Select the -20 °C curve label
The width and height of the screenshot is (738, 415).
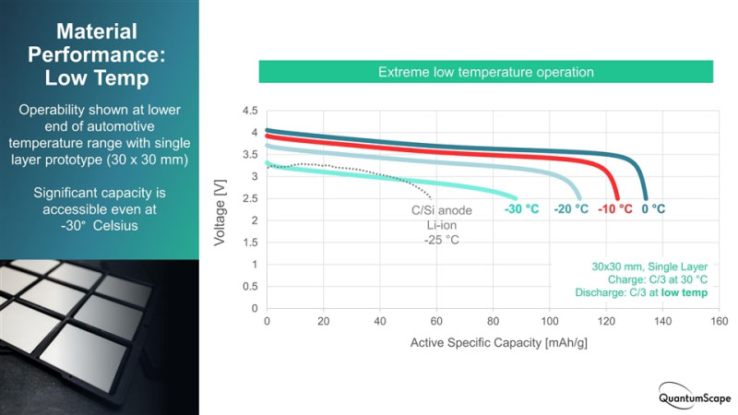pos(571,209)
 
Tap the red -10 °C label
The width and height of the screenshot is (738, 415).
pos(614,209)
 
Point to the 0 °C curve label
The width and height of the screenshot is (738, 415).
pos(653,209)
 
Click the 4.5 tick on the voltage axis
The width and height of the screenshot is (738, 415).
pos(249,111)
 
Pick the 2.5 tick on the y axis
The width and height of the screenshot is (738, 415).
pos(249,198)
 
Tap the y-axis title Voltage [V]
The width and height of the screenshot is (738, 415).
pos(220,210)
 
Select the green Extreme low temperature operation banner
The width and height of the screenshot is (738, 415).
pos(486,72)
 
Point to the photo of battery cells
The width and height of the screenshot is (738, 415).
pos(100,337)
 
